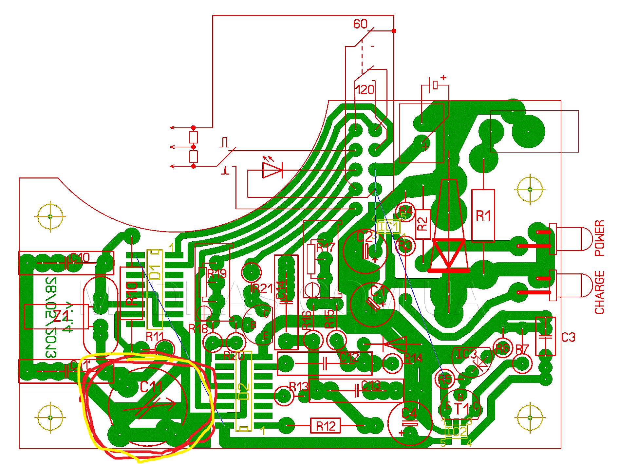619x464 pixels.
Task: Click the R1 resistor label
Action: click(483, 216)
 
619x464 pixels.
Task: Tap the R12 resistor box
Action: click(326, 426)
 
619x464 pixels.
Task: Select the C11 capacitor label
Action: click(151, 387)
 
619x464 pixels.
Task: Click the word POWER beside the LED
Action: click(599, 238)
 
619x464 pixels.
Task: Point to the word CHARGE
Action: click(599, 292)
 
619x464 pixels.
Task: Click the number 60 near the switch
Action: click(360, 24)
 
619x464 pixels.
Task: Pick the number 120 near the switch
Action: click(365, 90)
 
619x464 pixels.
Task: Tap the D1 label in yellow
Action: click(155, 272)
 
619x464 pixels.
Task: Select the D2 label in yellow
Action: click(244, 392)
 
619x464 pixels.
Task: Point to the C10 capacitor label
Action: click(80, 258)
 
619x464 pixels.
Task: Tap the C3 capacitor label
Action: click(568, 337)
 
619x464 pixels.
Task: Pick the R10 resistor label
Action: click(132, 293)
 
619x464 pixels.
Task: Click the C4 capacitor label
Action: click(409, 414)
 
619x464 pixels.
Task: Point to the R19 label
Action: click(217, 273)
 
